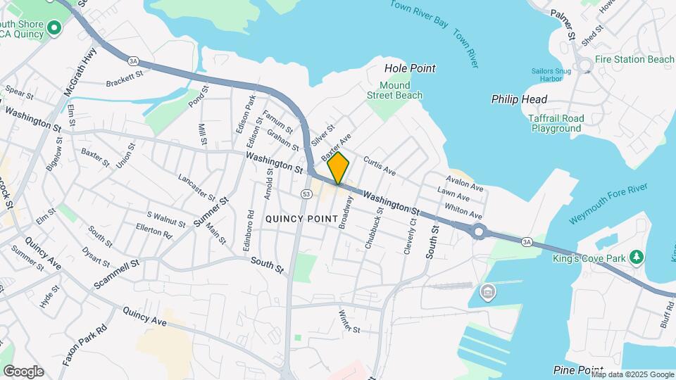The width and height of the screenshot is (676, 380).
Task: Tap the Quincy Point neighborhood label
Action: (x=301, y=219)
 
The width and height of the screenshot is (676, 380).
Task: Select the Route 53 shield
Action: (x=306, y=194)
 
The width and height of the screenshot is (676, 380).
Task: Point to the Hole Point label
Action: (x=410, y=68)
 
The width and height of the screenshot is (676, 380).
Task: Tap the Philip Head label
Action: (x=519, y=99)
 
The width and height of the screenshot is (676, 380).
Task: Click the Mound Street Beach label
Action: (x=396, y=90)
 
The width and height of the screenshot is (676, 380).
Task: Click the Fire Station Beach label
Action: (x=634, y=59)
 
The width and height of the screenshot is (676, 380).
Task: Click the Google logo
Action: (x=23, y=371)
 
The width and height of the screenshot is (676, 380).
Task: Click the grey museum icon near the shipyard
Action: (x=487, y=291)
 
